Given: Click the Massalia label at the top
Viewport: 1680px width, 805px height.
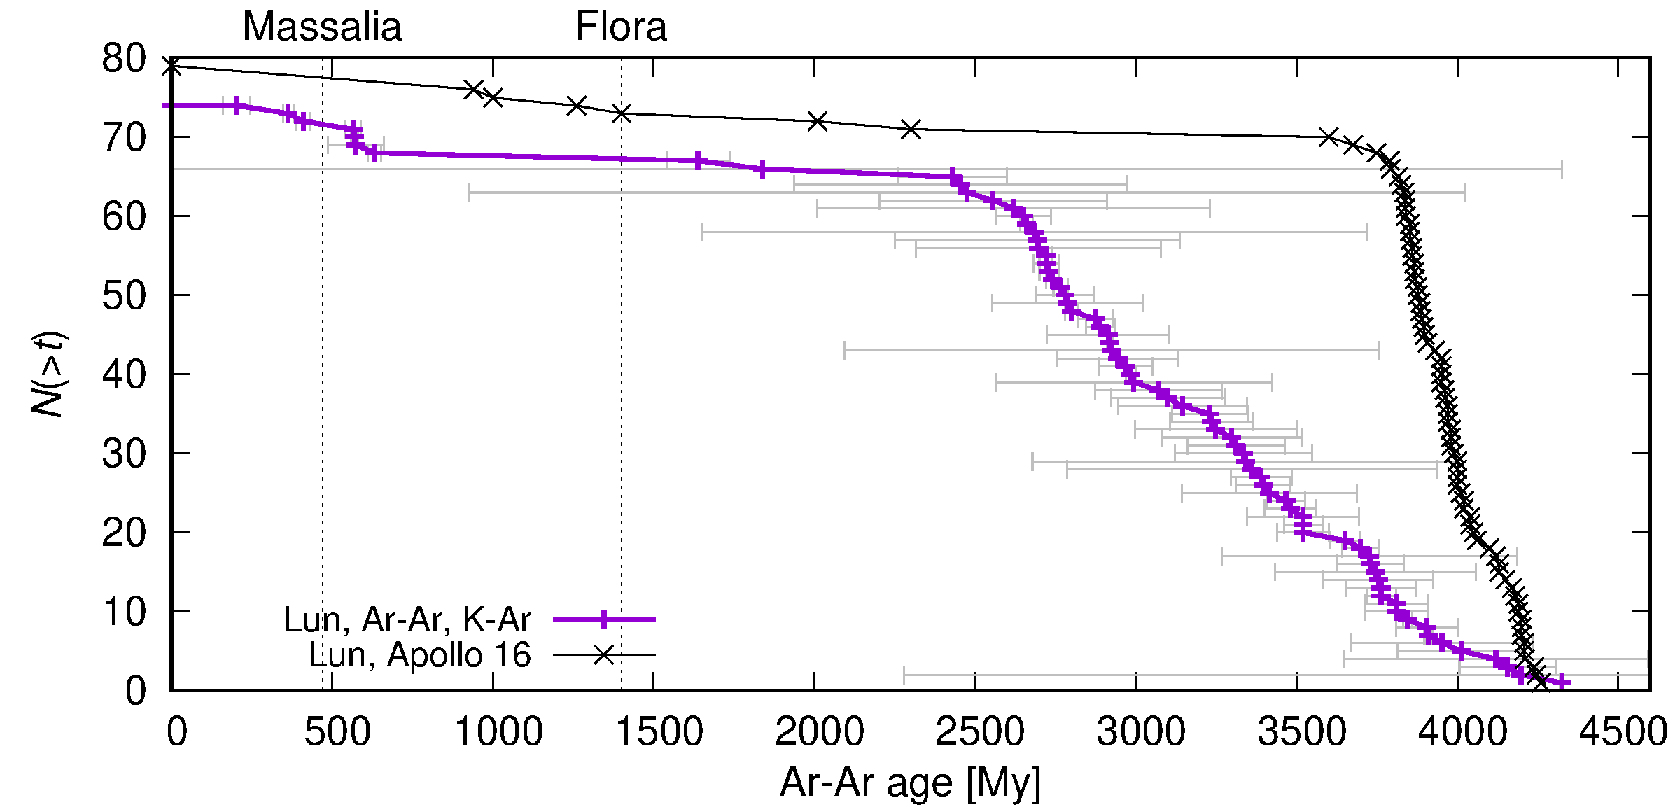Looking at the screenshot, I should (322, 27).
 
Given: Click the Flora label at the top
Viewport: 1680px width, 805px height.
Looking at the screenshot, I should (621, 27).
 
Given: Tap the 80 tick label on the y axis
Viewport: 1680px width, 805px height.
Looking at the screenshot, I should (124, 59).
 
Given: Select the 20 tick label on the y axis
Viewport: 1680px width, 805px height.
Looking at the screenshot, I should (124, 533).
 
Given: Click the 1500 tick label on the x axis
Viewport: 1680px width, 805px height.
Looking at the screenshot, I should (659, 732).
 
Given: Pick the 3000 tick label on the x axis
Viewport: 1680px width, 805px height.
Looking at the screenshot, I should (1141, 732).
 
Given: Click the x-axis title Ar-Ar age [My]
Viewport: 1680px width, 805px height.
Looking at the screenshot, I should (910, 782).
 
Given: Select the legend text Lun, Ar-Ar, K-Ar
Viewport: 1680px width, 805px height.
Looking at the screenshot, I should (407, 619).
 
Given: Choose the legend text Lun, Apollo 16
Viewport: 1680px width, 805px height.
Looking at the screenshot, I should (420, 655).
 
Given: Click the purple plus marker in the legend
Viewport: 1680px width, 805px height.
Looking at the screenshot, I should (604, 619).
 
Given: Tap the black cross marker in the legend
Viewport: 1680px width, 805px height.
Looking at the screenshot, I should (604, 655).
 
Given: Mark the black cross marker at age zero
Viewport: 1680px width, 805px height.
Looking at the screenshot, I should (171, 66).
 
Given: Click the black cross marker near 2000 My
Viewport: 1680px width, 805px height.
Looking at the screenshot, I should (817, 120).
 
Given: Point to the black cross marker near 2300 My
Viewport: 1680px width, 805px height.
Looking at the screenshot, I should (911, 129).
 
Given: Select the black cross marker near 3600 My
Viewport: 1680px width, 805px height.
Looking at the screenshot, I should (1328, 136).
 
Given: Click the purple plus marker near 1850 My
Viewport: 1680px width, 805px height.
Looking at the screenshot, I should (762, 169).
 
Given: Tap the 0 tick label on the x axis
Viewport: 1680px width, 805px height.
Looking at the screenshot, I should (177, 732).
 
